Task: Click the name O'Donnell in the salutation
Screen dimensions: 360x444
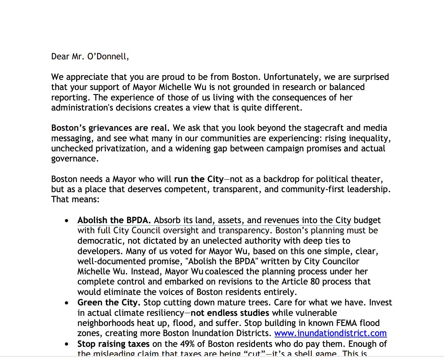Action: click(107, 56)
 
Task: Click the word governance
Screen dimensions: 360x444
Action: click(75, 159)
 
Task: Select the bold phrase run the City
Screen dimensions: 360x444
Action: click(199, 179)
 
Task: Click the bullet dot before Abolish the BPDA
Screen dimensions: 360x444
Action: click(67, 221)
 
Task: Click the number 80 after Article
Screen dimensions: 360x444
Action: click(315, 282)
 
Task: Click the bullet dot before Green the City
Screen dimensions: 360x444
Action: click(67, 303)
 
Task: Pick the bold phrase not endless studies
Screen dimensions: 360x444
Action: click(230, 313)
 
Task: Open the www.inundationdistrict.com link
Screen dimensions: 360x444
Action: click(330, 333)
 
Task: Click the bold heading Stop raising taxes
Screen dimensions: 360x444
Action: click(113, 344)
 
